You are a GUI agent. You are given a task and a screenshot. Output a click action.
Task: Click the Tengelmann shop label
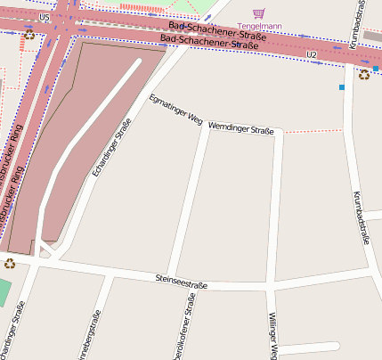click(x=259, y=27)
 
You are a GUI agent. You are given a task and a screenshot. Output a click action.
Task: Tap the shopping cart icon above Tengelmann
click(x=259, y=13)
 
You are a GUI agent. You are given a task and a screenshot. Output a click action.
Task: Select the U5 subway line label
click(x=45, y=17)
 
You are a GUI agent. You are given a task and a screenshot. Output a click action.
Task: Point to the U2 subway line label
click(x=311, y=55)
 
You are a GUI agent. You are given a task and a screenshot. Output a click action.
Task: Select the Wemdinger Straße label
click(x=240, y=130)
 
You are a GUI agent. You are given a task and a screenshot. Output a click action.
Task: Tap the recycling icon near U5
click(x=29, y=35)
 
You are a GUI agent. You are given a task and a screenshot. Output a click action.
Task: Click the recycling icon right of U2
click(x=364, y=75)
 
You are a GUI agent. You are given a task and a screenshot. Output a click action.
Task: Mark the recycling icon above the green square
click(x=10, y=263)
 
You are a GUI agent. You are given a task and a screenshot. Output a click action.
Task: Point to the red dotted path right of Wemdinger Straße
click(x=313, y=132)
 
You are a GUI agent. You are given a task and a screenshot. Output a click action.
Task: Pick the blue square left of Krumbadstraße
click(x=341, y=87)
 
